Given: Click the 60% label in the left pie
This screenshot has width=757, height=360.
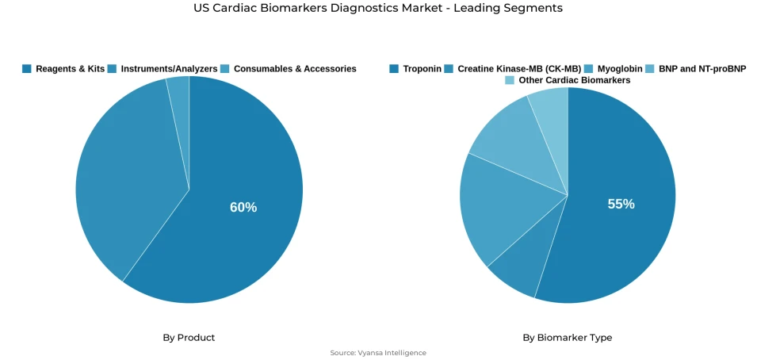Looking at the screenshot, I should [243, 207].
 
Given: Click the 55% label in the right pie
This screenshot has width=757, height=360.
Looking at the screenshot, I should [621, 204].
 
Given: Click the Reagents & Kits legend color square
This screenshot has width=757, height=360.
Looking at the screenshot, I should [27, 69].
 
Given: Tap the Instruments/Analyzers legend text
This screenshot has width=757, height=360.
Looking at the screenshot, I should [169, 69].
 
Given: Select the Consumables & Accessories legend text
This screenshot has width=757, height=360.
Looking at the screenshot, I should [295, 69].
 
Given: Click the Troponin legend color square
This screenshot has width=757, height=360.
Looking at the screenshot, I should [394, 69].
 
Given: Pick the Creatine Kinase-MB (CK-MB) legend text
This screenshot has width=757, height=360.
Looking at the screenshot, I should [519, 69].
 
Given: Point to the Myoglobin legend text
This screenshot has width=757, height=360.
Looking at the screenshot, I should [620, 69].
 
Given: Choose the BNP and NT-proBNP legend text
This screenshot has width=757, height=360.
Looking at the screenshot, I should [702, 69].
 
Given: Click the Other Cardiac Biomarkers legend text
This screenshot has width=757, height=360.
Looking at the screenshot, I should [575, 80].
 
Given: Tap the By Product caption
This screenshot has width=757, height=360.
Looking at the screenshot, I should [189, 338].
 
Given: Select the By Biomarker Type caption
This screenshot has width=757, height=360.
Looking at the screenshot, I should [567, 338].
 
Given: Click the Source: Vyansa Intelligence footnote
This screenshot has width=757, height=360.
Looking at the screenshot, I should [378, 353].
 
